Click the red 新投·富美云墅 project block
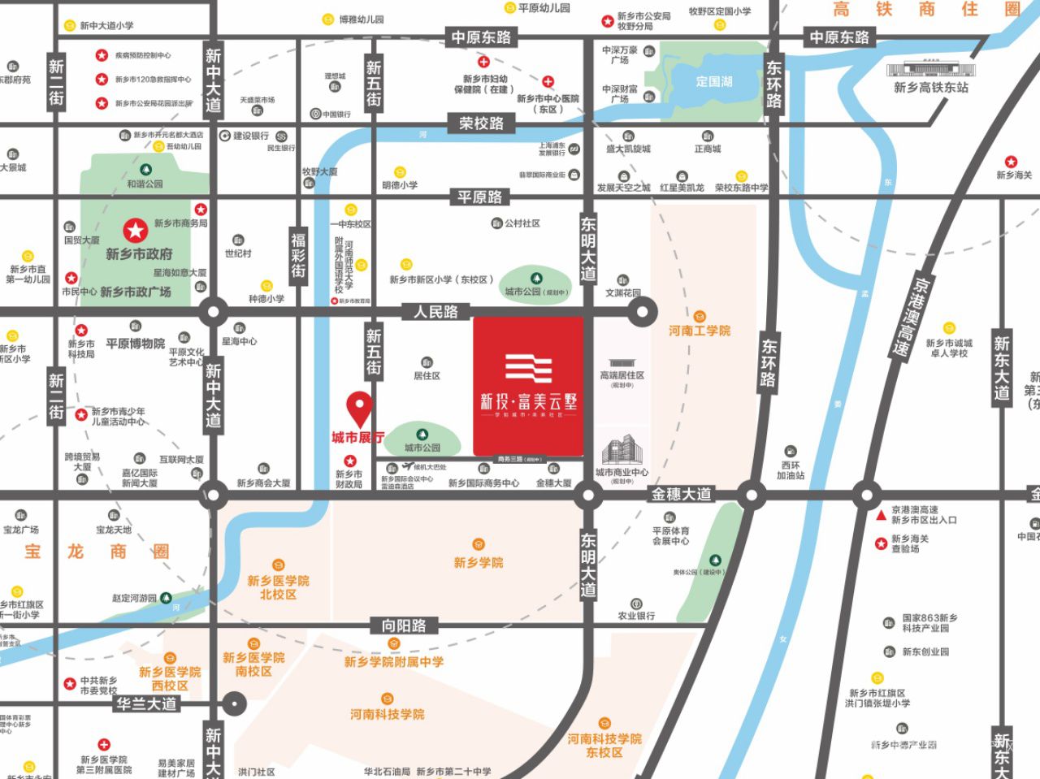pyautogui.click(x=528, y=386)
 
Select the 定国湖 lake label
pyautogui.click(x=714, y=81)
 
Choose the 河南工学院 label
pyautogui.click(x=699, y=331)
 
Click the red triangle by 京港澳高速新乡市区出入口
pyautogui.click(x=881, y=515)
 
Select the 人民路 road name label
pyautogui.click(x=435, y=311)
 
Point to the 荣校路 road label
pyautogui.click(x=481, y=123)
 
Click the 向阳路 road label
pyautogui.click(x=404, y=625)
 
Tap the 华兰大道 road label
pyautogui.click(x=146, y=703)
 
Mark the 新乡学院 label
pyautogui.click(x=479, y=562)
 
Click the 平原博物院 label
pyautogui.click(x=135, y=344)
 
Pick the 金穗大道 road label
pyautogui.click(x=681, y=494)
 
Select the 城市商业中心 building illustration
pyautogui.click(x=622, y=450)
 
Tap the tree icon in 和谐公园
pyautogui.click(x=145, y=169)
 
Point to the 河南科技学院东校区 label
pyautogui.click(x=604, y=745)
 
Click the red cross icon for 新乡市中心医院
pyautogui.click(x=548, y=81)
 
